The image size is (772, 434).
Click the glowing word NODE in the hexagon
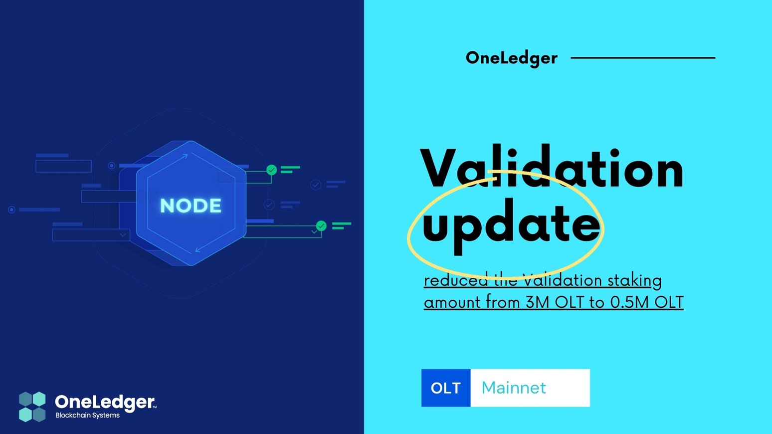click(x=191, y=206)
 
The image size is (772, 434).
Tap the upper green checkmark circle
click(x=271, y=170)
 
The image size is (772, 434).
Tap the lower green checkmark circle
click(x=321, y=226)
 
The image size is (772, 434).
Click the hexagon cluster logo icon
click(x=32, y=407)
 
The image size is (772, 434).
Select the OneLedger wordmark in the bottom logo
click(x=105, y=402)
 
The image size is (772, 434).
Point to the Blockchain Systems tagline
click(x=87, y=416)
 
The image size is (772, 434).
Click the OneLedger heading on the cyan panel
click(x=511, y=58)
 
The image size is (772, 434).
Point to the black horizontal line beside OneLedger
click(x=642, y=58)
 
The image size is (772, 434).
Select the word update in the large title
click(x=511, y=224)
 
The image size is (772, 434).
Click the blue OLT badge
click(x=446, y=388)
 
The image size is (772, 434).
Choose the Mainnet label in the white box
click(x=514, y=388)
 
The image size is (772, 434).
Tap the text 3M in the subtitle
click(x=537, y=302)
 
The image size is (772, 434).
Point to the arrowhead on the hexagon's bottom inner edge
click(x=198, y=249)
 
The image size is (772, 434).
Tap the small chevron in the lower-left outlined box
click(x=123, y=235)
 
